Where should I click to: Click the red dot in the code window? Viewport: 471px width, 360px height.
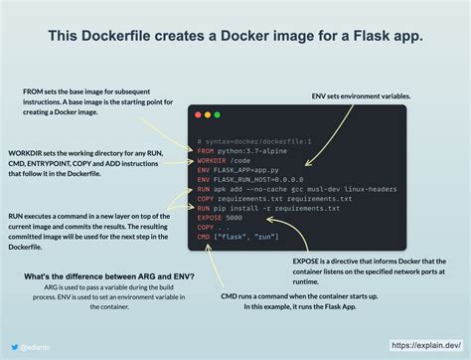click(202, 117)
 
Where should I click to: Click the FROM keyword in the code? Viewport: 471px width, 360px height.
click(206, 151)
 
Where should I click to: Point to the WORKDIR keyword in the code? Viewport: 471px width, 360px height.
click(212, 160)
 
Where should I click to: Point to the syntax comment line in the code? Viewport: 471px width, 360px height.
click(254, 142)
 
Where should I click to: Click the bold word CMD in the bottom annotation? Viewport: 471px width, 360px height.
click(231, 293)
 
